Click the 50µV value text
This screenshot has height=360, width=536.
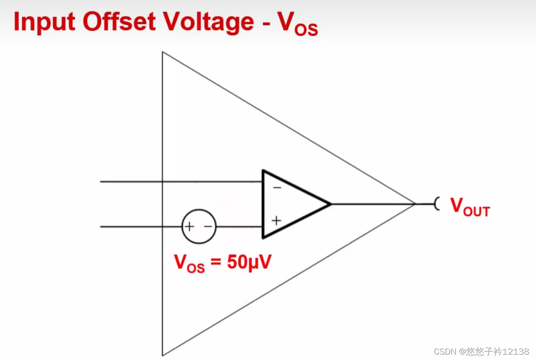click(x=248, y=263)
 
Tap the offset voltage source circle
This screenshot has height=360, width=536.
click(x=199, y=227)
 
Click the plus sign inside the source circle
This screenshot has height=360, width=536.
click(x=190, y=227)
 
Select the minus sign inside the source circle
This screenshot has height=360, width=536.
click(x=207, y=227)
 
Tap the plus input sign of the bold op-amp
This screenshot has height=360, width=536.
click(x=276, y=220)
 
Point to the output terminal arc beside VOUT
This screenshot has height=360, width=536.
click(x=437, y=204)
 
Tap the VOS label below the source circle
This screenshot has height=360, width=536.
click(x=189, y=264)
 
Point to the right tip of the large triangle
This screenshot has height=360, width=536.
click(x=414, y=204)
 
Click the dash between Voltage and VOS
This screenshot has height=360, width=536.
click(x=265, y=24)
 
